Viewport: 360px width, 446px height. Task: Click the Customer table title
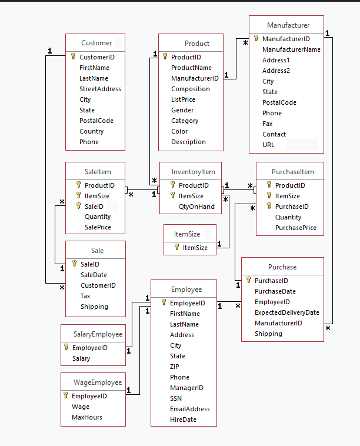click(x=96, y=43)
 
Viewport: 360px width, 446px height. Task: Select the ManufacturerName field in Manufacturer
click(x=291, y=49)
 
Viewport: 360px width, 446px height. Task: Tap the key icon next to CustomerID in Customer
click(x=74, y=57)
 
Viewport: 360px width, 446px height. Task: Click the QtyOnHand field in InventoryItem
click(x=196, y=207)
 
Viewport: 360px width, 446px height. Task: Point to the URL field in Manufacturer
click(x=268, y=145)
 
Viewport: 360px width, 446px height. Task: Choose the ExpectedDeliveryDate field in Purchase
click(x=286, y=312)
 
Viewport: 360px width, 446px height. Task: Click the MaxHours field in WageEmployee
click(x=87, y=417)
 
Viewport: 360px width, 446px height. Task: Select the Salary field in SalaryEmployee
click(x=81, y=358)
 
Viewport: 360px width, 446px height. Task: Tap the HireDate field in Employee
click(x=183, y=420)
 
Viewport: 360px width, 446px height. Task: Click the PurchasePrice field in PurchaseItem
click(x=295, y=228)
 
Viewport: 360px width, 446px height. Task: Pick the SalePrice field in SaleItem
click(x=98, y=227)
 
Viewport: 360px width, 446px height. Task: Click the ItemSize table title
click(x=187, y=234)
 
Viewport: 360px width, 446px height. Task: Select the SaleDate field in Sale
click(x=94, y=275)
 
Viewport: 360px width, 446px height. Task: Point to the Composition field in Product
click(x=191, y=89)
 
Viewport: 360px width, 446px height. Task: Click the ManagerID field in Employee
click(x=186, y=388)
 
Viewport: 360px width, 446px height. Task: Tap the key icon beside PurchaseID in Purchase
click(x=249, y=281)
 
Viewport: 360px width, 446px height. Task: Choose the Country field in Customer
click(x=91, y=131)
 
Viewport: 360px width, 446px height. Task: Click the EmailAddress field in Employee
click(x=189, y=409)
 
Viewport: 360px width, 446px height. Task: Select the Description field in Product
click(x=188, y=142)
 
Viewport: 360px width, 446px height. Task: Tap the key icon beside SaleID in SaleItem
click(x=78, y=207)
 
